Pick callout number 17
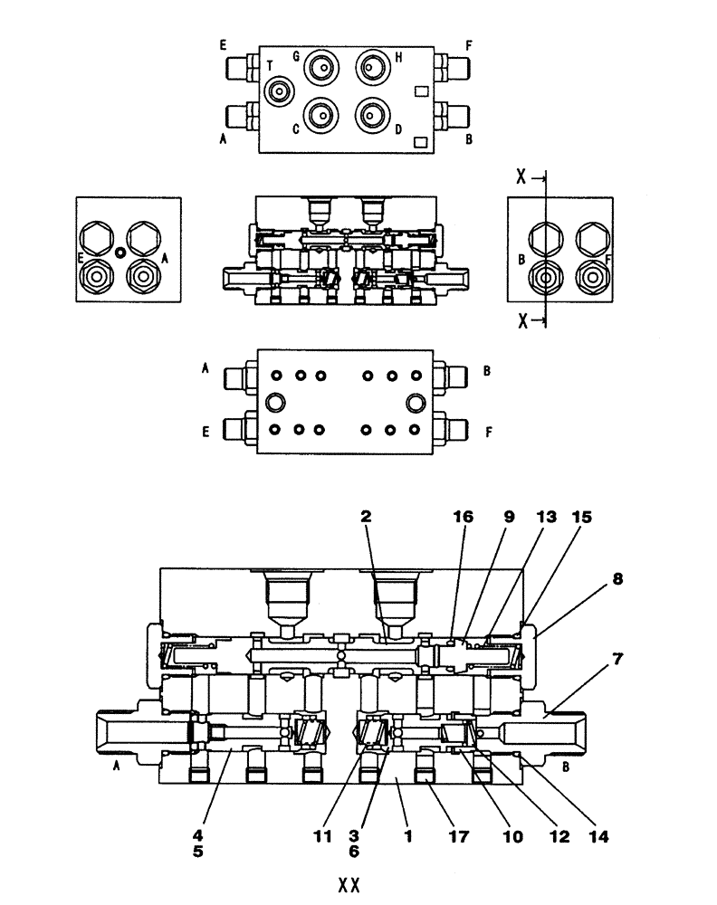click(x=459, y=838)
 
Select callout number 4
click(x=198, y=838)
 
